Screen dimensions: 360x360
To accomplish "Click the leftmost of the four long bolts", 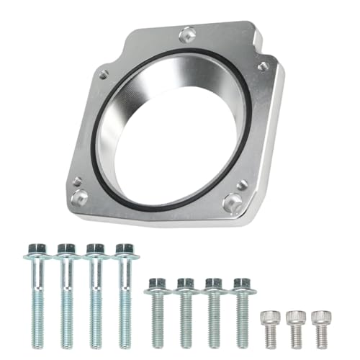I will pyautogui.click(x=37, y=295).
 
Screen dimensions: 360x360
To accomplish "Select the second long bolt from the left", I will pyautogui.click(x=66, y=295).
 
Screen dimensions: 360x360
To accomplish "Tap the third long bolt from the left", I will pyautogui.click(x=95, y=295).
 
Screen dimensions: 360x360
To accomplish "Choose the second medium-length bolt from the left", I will pyautogui.click(x=185, y=310).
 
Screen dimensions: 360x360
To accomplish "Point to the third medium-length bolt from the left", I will pyautogui.click(x=213, y=310).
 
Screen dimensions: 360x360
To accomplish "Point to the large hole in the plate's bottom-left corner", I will pyautogui.click(x=80, y=196).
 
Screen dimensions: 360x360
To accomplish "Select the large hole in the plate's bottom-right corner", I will pyautogui.click(x=233, y=204).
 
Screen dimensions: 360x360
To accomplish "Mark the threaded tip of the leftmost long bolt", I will pyautogui.click(x=37, y=342).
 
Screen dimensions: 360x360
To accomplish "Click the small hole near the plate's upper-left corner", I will pyautogui.click(x=104, y=73).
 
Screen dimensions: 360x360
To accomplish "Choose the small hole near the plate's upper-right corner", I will pyautogui.click(x=264, y=66).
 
